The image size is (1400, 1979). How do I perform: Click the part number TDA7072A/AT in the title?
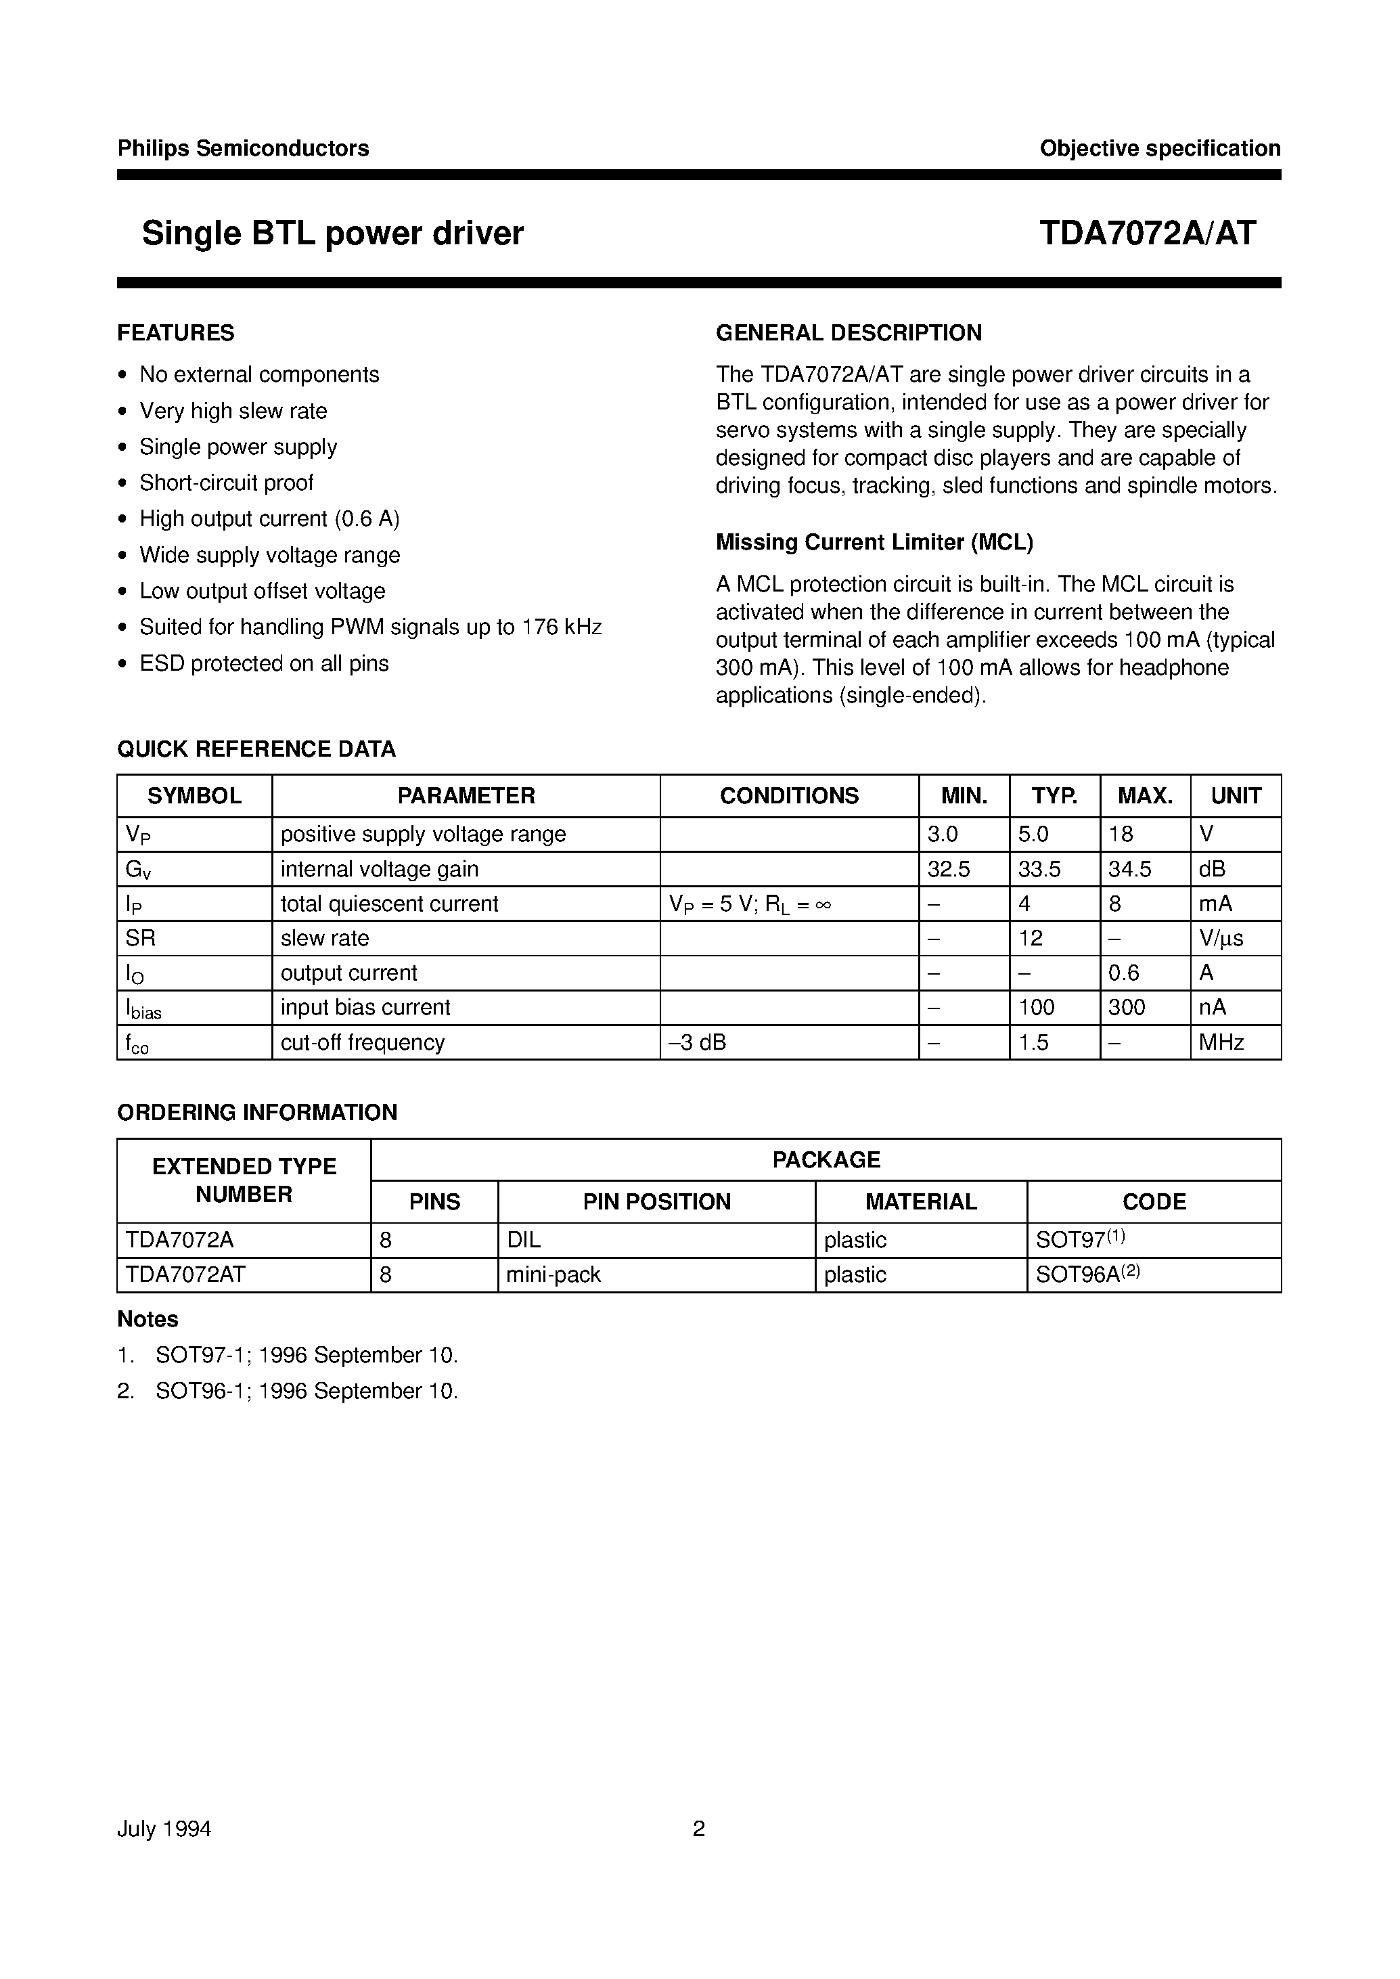click(1148, 233)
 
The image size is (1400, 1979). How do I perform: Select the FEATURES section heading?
click(176, 333)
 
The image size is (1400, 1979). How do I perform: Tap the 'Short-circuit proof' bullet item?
click(226, 483)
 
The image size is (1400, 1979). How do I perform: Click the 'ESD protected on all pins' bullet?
click(264, 663)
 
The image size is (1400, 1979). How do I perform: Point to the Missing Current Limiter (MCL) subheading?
click(874, 542)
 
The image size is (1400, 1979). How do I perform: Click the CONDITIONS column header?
click(789, 796)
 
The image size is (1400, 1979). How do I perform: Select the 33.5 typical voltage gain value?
click(1039, 869)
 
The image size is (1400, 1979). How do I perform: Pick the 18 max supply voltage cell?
click(1121, 835)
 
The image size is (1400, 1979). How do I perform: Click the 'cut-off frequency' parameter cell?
click(362, 1042)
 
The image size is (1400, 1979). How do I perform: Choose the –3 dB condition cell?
click(698, 1042)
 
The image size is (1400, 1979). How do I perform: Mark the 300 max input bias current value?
click(1127, 1007)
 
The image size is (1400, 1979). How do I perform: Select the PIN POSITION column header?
click(656, 1202)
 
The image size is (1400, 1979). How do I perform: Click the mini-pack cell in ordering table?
click(553, 1274)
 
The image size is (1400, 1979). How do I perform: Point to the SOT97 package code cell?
click(1080, 1240)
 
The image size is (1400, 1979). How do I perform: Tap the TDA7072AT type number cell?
click(185, 1274)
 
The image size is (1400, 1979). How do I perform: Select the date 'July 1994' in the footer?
click(164, 1829)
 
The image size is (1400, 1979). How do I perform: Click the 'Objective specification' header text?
click(1160, 148)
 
